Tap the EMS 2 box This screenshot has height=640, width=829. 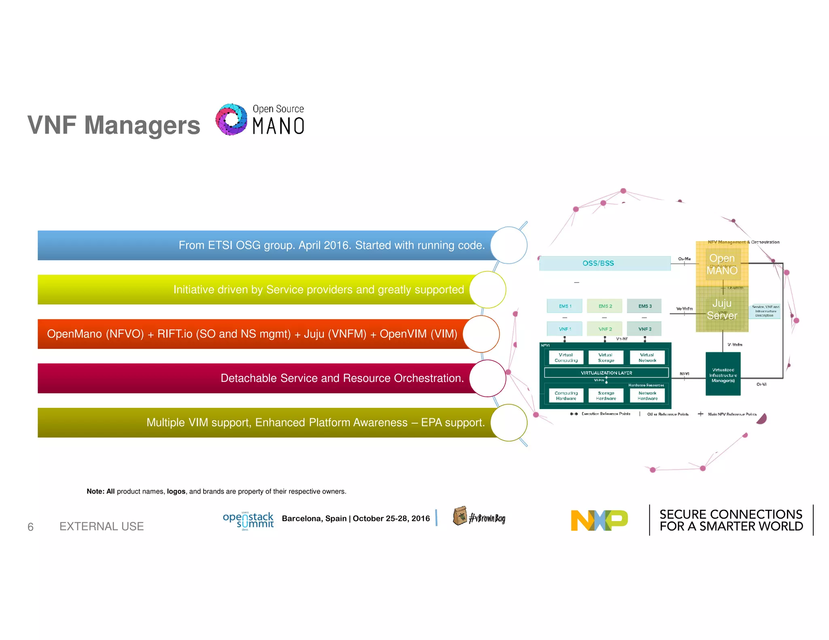pyautogui.click(x=605, y=306)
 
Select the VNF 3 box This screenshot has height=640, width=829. pyautogui.click(x=644, y=328)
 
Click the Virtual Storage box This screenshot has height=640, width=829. pyautogui.click(x=606, y=358)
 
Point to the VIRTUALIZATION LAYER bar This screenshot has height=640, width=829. pyautogui.click(x=606, y=373)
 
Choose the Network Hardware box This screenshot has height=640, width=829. pyautogui.click(x=647, y=396)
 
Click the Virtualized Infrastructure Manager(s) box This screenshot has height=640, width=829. pyautogui.click(x=723, y=375)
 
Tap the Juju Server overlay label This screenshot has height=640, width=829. pyautogui.click(x=722, y=309)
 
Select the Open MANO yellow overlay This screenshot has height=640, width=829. pyautogui.click(x=722, y=264)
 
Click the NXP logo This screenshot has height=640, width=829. pyautogui.click(x=599, y=520)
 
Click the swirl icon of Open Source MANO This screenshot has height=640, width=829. pyautogui.click(x=231, y=119)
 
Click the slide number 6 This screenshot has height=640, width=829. pyautogui.click(x=30, y=527)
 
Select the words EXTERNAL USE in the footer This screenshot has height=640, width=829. pyautogui.click(x=102, y=526)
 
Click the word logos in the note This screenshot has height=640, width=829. pyautogui.click(x=176, y=492)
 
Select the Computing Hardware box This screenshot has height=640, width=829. pyautogui.click(x=566, y=396)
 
